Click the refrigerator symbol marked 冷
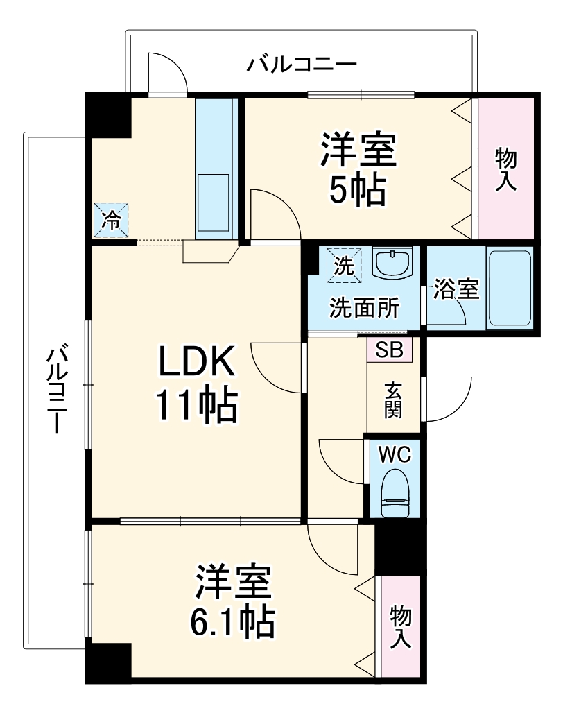[111, 220]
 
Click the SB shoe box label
[389, 349]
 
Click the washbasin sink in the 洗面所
[393, 264]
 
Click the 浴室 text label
[456, 290]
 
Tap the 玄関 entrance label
[393, 400]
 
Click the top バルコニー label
[302, 66]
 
